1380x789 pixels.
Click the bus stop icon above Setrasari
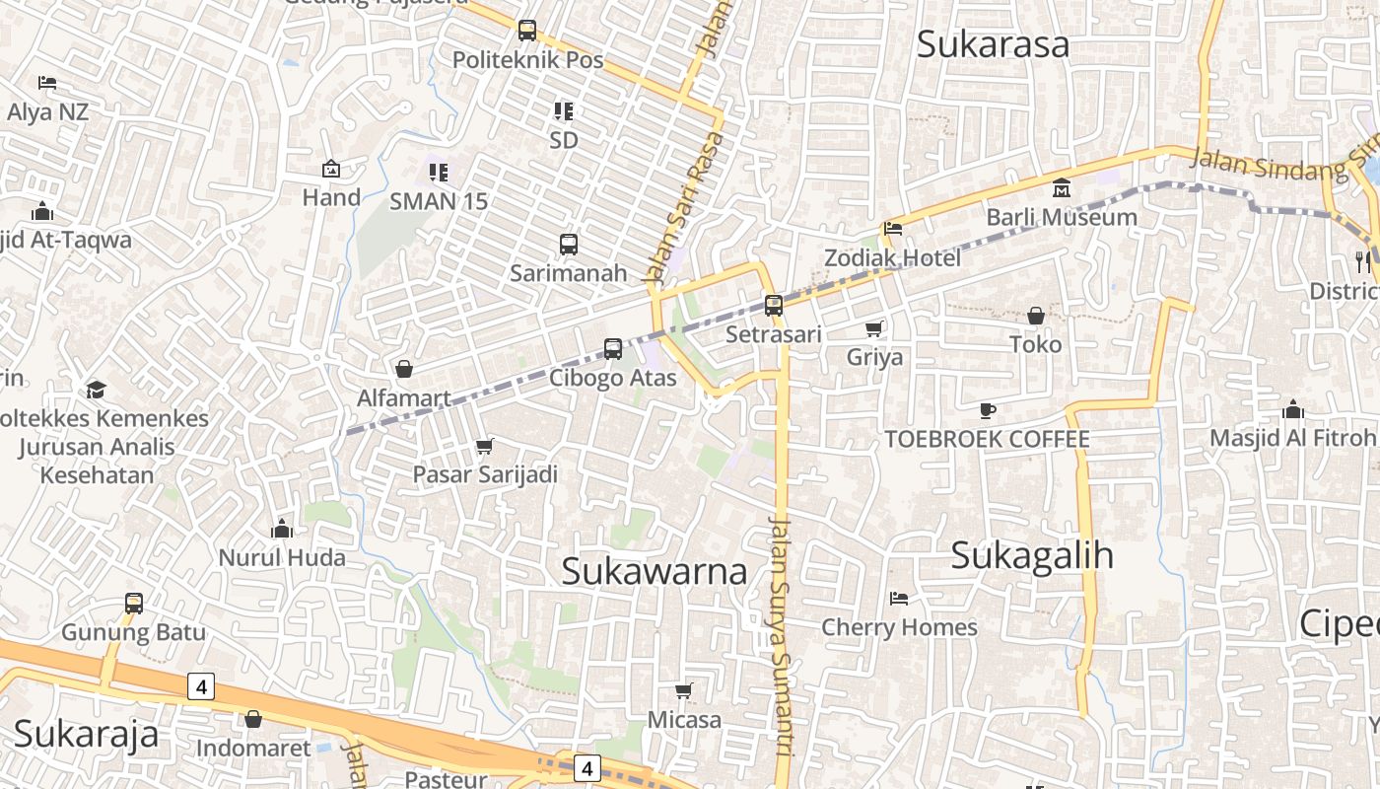pos(774,306)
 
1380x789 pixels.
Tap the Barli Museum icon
pos(1062,187)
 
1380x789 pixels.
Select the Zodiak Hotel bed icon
pos(893,229)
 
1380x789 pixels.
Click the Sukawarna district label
pos(654,571)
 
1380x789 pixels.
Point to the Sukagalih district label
pos(1032,555)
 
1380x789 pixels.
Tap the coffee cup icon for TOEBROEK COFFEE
pos(988,410)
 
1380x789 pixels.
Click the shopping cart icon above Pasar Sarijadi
pos(484,447)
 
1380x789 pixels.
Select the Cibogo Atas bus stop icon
pos(613,349)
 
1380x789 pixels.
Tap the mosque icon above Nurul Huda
pos(282,530)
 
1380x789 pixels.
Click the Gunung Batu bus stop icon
pos(134,603)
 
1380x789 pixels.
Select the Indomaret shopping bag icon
pos(253,719)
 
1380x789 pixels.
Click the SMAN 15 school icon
pos(439,173)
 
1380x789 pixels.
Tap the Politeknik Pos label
pos(527,59)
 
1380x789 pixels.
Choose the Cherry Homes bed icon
pos(899,598)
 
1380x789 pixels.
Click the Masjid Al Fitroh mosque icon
pos(1292,409)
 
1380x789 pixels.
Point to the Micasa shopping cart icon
pos(684,690)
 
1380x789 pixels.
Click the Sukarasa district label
pos(993,44)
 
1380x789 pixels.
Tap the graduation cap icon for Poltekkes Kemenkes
pos(96,390)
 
